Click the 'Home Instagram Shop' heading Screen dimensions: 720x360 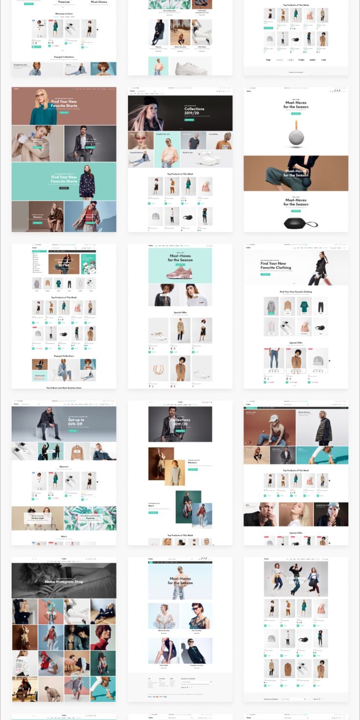pos(64,582)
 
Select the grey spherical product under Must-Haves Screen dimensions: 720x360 pos(295,137)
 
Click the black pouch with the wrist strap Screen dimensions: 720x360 pos(299,224)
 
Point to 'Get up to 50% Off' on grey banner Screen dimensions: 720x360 pos(76,422)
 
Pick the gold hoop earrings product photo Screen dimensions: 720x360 pos(159,368)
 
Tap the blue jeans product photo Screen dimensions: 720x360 pos(274,360)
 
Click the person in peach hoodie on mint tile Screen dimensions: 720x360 pos(167,151)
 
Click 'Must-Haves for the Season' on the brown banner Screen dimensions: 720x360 pos(296,173)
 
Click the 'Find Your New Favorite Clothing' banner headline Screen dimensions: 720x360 pos(276,266)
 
